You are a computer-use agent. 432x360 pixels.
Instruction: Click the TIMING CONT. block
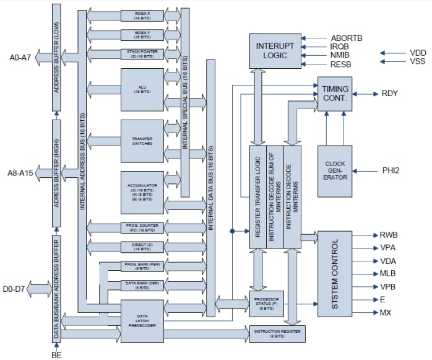(x=335, y=94)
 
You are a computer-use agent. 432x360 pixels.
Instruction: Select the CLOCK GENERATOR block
(x=335, y=170)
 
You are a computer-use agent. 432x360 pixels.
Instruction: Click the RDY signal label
(x=390, y=94)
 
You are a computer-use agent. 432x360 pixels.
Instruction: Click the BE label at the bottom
(x=57, y=354)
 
